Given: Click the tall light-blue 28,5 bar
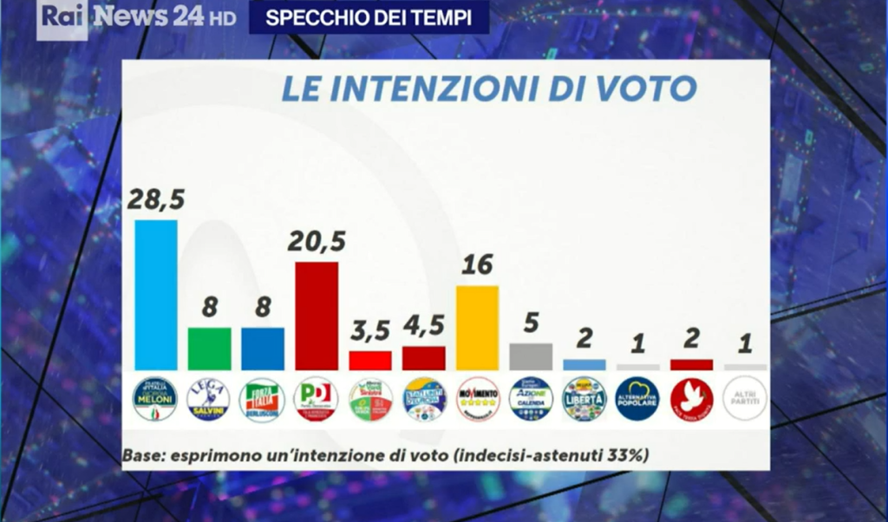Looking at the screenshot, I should click(156, 295).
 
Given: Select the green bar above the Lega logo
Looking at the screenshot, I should click(210, 349).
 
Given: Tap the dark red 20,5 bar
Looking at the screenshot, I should click(317, 316).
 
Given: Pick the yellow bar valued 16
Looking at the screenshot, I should click(478, 328).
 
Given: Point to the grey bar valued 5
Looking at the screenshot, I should click(532, 356).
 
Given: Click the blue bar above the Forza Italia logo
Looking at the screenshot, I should click(263, 349).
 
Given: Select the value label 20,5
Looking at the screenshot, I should click(317, 243).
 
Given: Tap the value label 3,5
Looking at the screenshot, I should click(370, 331).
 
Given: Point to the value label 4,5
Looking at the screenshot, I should click(424, 327).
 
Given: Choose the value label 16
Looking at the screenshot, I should click(478, 265).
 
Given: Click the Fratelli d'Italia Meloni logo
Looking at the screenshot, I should click(155, 399).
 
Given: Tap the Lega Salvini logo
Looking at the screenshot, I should click(209, 399).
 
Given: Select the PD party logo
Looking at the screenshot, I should click(317, 399).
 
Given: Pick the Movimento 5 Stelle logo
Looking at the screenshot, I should click(478, 399).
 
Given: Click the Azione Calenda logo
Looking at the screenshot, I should click(532, 399).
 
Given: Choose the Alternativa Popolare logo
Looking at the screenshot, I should click(638, 399).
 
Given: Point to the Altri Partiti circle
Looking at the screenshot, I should click(746, 399).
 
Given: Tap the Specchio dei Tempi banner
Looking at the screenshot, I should click(369, 18).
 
